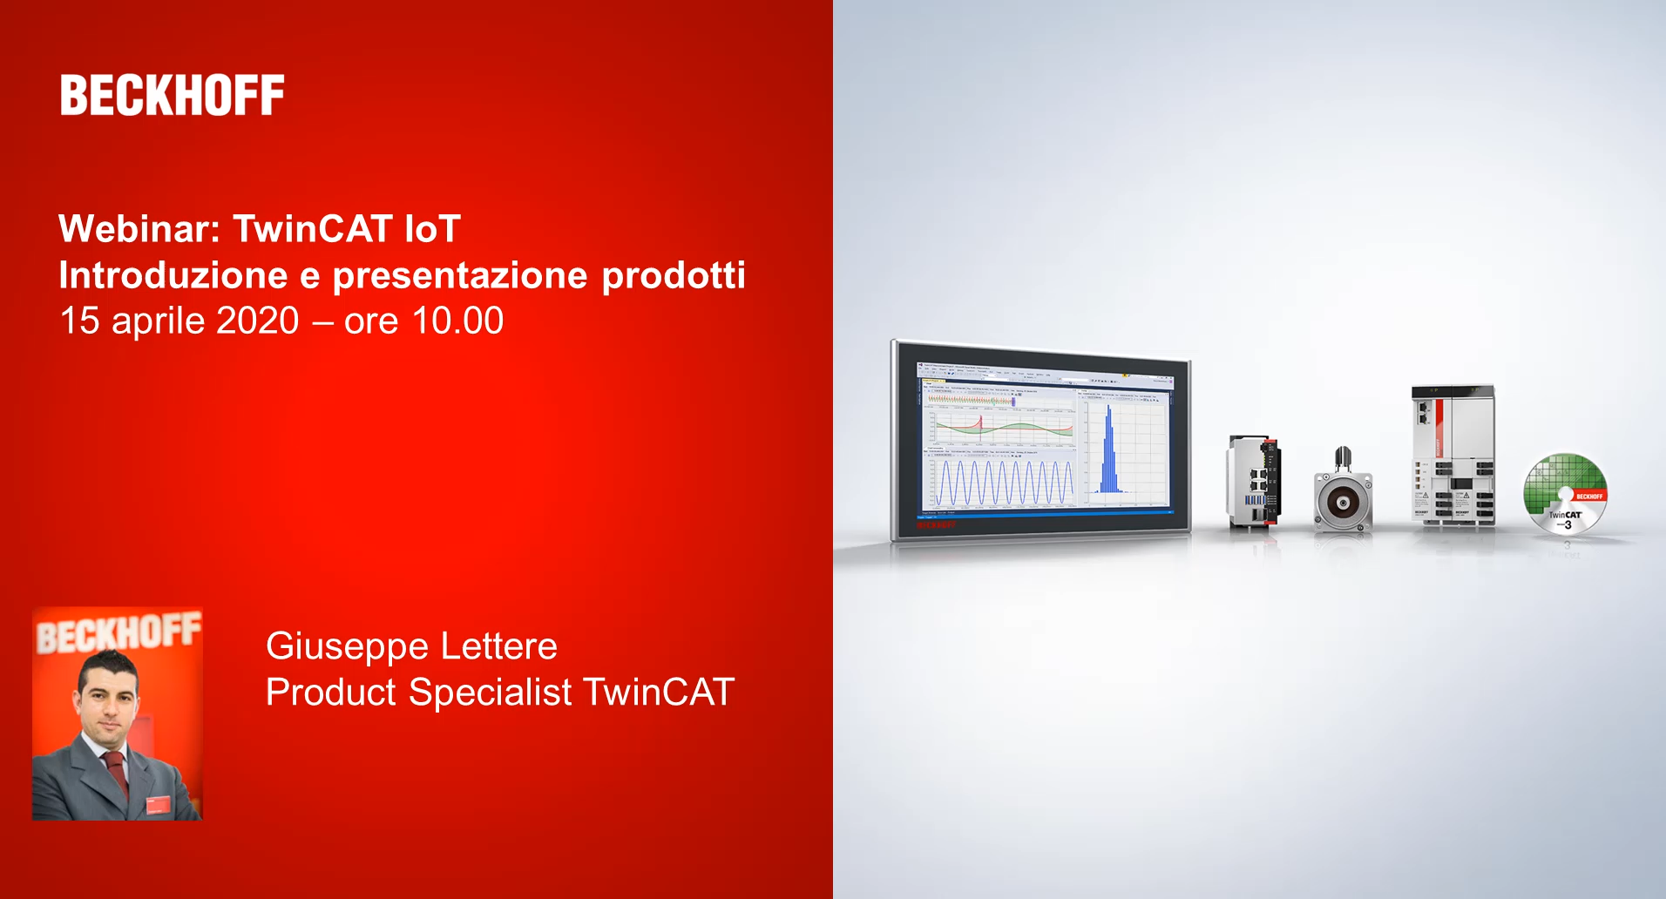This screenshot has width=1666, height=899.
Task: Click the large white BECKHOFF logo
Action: [172, 96]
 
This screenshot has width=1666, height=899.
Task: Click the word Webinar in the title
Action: [139, 229]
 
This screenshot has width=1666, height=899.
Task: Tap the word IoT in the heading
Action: [432, 229]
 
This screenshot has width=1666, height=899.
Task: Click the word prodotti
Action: [673, 275]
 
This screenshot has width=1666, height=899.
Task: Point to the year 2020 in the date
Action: [257, 321]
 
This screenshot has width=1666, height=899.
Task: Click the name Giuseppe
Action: [347, 646]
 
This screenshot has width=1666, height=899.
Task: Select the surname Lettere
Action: [498, 646]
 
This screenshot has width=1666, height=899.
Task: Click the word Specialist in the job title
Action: [490, 693]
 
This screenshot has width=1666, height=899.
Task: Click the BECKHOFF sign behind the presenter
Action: [118, 632]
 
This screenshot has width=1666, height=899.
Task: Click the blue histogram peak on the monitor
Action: [1108, 453]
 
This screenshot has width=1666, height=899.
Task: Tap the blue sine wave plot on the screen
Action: [1002, 483]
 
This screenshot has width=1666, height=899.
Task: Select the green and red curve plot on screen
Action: [1002, 427]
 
